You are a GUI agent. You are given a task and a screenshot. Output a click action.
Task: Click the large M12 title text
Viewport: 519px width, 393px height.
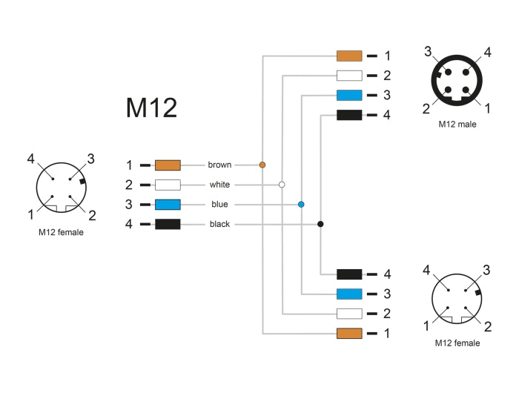[x=151, y=108]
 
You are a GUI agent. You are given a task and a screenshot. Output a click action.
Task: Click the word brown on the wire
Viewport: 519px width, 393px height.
[x=219, y=165]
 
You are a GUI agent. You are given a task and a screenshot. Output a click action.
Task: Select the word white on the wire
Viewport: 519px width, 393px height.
[x=219, y=185]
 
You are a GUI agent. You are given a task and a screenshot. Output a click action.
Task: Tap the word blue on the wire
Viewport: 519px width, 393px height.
[x=219, y=204]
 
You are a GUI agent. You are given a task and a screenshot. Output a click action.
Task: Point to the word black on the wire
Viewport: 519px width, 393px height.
[x=219, y=224]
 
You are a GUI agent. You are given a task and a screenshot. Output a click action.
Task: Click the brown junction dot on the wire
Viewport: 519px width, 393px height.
[x=262, y=165]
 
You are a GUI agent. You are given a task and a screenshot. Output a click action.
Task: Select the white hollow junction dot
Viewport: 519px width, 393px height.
[x=282, y=184]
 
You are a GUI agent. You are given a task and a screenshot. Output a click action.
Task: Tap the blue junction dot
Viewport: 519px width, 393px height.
[x=301, y=204]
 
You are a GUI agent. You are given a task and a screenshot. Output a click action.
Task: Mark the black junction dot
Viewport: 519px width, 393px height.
[x=320, y=224]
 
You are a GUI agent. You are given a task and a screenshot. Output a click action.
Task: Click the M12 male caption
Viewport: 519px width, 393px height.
[x=457, y=125]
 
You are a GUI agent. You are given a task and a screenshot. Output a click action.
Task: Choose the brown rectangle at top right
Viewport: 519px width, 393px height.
[x=349, y=56]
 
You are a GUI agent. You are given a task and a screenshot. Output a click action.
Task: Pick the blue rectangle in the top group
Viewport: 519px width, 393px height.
[x=349, y=95]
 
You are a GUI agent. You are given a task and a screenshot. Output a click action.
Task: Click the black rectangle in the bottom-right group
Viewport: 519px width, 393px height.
[x=349, y=274]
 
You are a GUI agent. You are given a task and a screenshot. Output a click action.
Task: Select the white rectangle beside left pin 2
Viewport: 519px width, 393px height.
[x=168, y=185]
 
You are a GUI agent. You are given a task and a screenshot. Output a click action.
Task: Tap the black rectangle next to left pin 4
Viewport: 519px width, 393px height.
[x=168, y=224]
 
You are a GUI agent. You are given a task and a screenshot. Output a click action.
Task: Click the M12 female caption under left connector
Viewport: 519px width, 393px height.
[x=62, y=232]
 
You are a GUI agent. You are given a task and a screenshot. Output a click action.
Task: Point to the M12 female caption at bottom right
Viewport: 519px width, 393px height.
[x=457, y=343]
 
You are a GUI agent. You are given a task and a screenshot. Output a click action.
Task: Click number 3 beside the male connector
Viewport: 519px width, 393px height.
[x=429, y=51]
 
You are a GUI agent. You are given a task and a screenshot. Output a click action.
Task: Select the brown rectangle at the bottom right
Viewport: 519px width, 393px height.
[x=349, y=334]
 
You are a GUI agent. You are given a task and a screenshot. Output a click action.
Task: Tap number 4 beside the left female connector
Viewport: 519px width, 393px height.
[x=31, y=159]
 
